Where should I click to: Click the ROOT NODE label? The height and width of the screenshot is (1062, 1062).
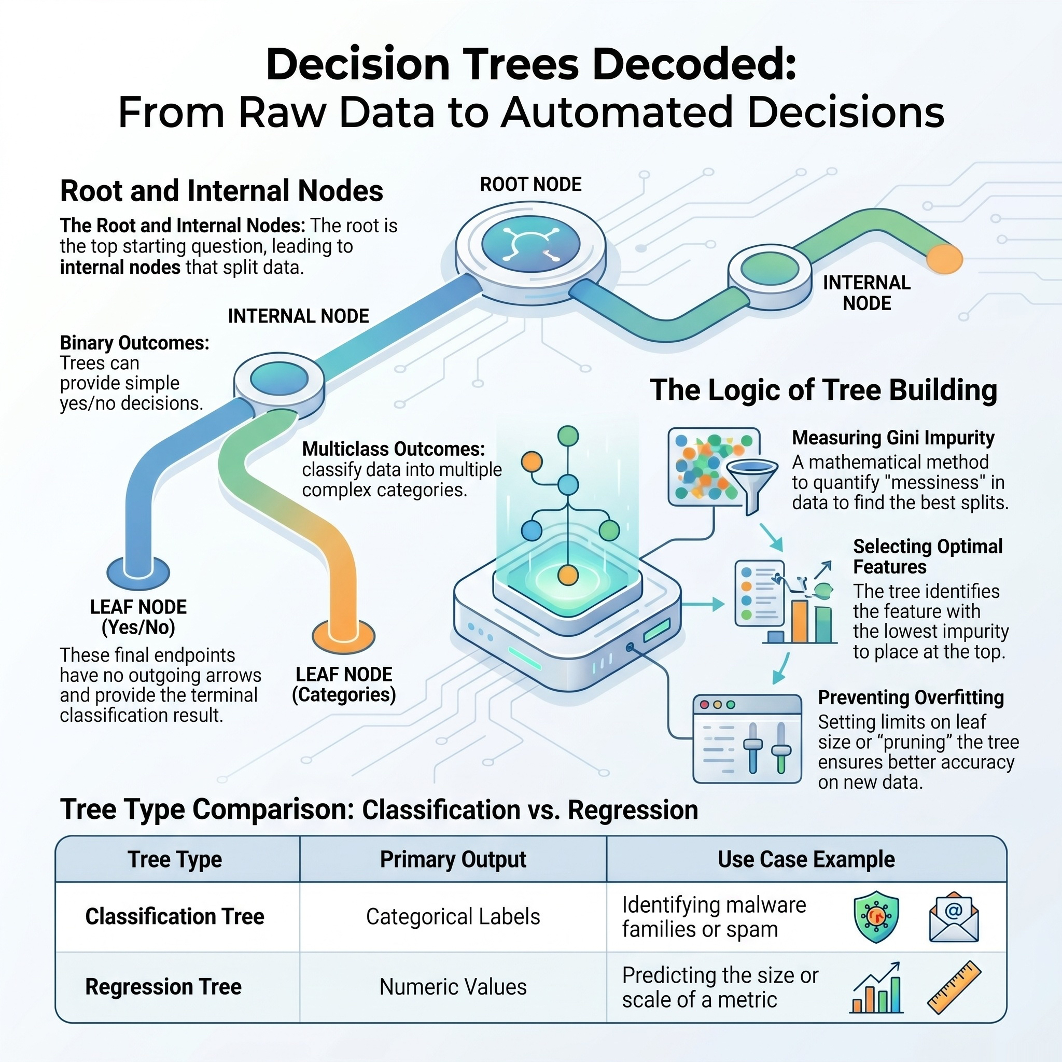pos(530,184)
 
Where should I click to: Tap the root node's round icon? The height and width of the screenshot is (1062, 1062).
pos(530,244)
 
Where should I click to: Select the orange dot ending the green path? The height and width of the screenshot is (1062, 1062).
pos(944,259)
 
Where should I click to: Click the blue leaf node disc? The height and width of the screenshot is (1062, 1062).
pos(138,573)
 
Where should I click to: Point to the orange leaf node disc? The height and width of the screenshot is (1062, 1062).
pos(344,636)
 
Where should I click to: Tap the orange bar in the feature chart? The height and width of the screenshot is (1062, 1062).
pos(800,621)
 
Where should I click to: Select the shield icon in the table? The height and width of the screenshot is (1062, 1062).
pos(876,916)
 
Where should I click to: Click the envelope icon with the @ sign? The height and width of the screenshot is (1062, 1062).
pos(954,917)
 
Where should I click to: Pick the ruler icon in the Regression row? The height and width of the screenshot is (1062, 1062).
pos(954,987)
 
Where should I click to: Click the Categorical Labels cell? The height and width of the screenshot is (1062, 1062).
pos(453,917)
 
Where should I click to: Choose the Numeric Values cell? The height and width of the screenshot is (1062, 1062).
pos(453,987)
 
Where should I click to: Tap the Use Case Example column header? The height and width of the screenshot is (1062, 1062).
pos(806,859)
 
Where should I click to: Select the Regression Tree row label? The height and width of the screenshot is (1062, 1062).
pos(163,987)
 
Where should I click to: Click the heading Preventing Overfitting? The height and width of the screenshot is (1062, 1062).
pos(911,697)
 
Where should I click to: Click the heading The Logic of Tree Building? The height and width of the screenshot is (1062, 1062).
pos(823,390)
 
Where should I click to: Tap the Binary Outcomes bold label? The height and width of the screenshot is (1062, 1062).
pos(135,343)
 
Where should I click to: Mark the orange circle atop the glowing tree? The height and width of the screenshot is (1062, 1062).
pos(532,462)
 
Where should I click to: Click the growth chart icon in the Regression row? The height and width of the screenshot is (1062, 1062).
pos(876,987)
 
